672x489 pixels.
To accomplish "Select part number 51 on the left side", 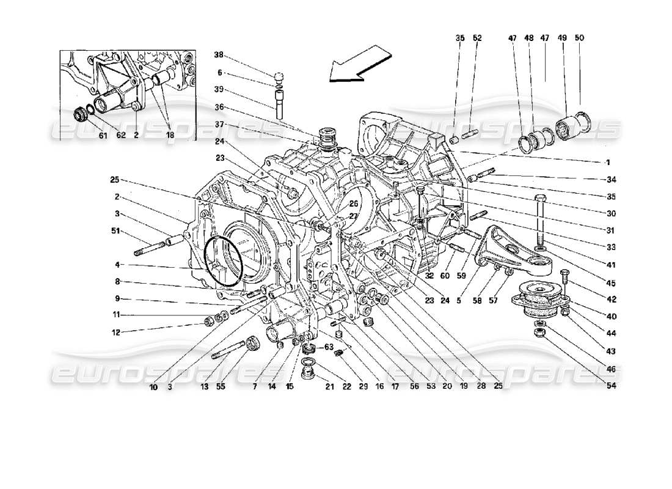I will (117, 231).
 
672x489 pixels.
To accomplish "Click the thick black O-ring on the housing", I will (224, 262).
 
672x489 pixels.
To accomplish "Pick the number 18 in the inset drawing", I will (169, 135).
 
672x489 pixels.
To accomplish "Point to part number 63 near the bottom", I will (329, 348).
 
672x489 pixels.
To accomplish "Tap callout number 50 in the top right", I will (579, 38).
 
